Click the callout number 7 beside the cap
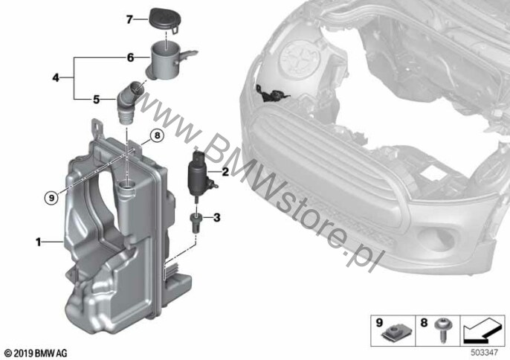(x=129, y=20)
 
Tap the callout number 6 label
(x=130, y=58)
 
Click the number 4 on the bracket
(x=56, y=78)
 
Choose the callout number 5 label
(x=97, y=99)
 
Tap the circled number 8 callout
(x=157, y=135)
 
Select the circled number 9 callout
(x=51, y=197)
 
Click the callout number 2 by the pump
(x=225, y=172)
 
